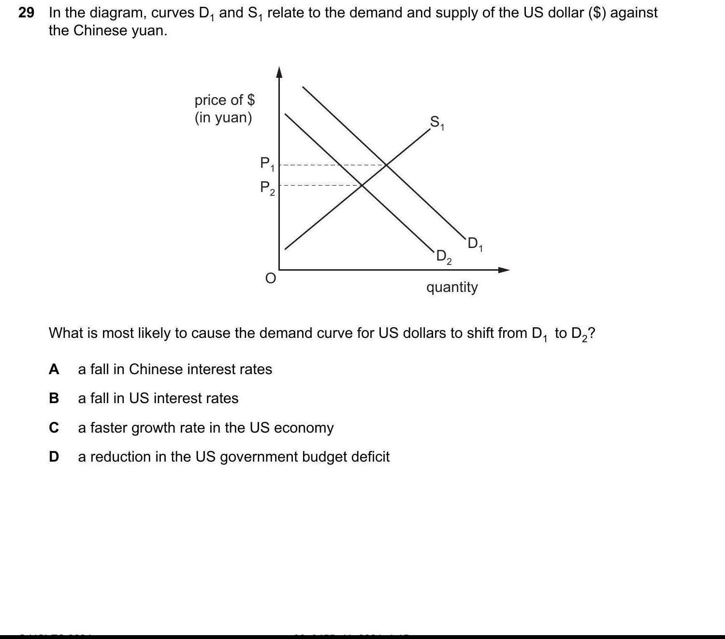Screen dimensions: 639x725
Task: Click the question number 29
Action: [26, 13]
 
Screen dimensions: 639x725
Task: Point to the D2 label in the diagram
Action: [444, 257]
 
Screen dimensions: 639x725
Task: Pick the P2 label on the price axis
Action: [267, 188]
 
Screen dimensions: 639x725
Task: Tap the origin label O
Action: [271, 278]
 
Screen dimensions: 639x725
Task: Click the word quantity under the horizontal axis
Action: [452, 287]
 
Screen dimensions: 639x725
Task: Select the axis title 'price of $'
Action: [225, 100]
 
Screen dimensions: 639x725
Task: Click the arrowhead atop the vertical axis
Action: [279, 72]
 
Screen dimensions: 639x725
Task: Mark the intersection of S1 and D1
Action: [387, 165]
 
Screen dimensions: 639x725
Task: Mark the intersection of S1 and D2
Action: [362, 185]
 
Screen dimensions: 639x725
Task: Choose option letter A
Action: [54, 369]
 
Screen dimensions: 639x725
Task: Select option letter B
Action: [54, 398]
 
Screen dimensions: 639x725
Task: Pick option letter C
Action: [54, 428]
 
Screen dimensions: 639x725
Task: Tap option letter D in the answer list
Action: [54, 457]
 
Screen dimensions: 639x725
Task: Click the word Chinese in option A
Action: [156, 369]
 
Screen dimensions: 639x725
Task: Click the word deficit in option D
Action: [368, 457]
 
